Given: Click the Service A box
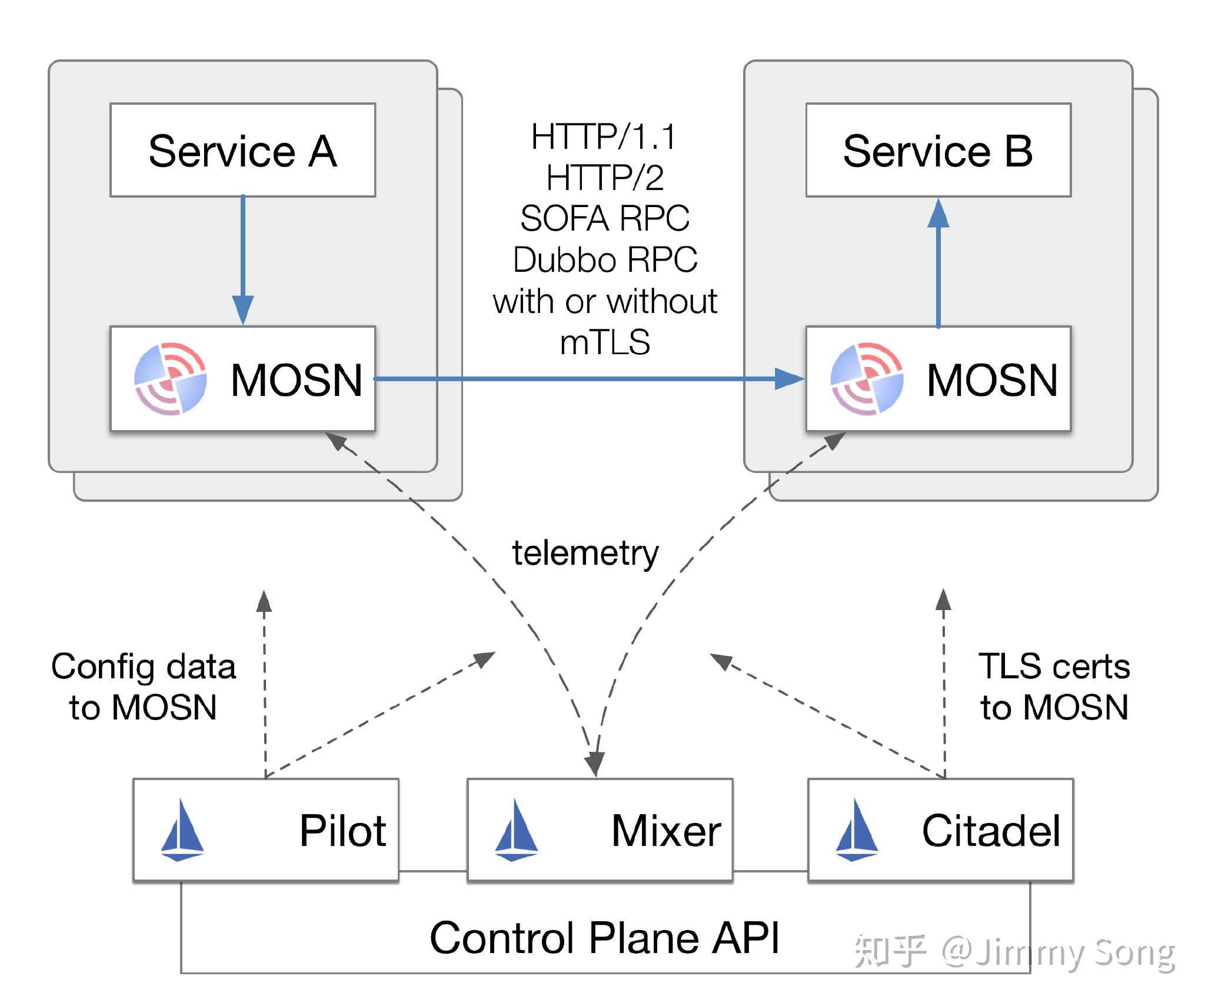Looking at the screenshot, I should [x=242, y=150].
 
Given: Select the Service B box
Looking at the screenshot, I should [x=938, y=150].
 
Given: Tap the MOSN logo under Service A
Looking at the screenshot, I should [x=171, y=379].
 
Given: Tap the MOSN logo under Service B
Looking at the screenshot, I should [x=866, y=379].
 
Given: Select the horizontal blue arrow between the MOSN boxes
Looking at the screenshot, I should [x=588, y=379].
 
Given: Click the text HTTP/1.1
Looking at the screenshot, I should [x=604, y=136].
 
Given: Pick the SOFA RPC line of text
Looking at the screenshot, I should [x=605, y=219].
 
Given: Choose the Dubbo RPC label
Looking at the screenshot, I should [x=605, y=260].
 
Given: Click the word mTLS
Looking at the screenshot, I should [x=605, y=342].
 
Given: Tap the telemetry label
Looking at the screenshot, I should [x=585, y=553].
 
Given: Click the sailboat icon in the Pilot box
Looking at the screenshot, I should [x=182, y=830].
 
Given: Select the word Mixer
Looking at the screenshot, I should [x=665, y=831].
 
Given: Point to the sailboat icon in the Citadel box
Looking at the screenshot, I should [x=857, y=830].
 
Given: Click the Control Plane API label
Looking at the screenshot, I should [x=604, y=937].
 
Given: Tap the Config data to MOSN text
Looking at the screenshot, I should [x=143, y=686].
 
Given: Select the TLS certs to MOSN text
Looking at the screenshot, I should [x=1054, y=686].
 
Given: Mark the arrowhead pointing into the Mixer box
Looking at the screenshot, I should [x=595, y=765].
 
